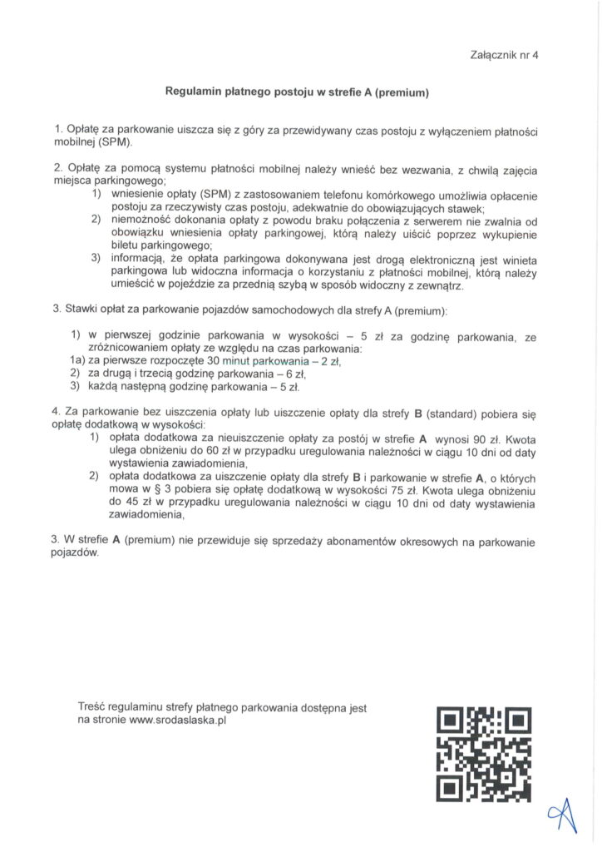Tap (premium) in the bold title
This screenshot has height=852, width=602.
click(400, 92)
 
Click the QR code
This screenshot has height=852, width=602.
click(484, 754)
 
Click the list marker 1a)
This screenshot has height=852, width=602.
click(77, 362)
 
